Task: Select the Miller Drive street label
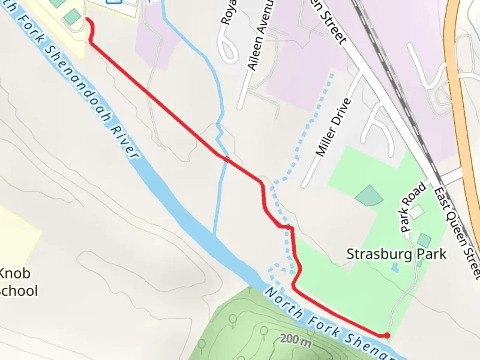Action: click(333, 127)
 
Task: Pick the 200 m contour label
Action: click(296, 340)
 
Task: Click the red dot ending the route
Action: click(387, 335)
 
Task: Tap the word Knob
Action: click(15, 273)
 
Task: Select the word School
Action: click(18, 291)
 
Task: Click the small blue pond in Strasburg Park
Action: click(395, 267)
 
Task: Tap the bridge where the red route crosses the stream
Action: click(227, 159)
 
